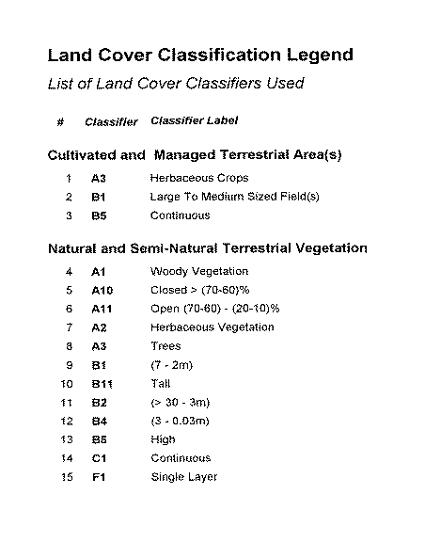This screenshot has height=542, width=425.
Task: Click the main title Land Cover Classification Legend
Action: coord(200,55)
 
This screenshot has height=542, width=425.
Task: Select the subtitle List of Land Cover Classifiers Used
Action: coord(176,84)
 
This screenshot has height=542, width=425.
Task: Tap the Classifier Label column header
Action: coord(195,120)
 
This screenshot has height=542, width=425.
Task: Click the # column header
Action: coord(61,121)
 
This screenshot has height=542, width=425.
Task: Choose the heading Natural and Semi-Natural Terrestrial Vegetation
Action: coord(207,248)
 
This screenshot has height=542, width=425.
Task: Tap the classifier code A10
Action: coord(102,291)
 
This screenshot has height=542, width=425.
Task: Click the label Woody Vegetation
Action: coord(199,272)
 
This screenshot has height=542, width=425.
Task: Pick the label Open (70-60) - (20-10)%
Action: coord(222,309)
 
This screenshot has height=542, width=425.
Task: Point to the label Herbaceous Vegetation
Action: coord(212,327)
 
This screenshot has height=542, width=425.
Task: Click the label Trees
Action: coord(165,346)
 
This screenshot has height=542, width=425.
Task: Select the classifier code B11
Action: coord(102,384)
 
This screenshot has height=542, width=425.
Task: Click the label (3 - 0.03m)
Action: coord(180,421)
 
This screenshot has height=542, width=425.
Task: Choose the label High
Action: coord(163,439)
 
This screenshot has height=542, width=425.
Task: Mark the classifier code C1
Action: coord(99,458)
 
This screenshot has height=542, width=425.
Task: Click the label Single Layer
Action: coord(184,477)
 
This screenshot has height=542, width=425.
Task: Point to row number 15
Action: coord(67,477)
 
